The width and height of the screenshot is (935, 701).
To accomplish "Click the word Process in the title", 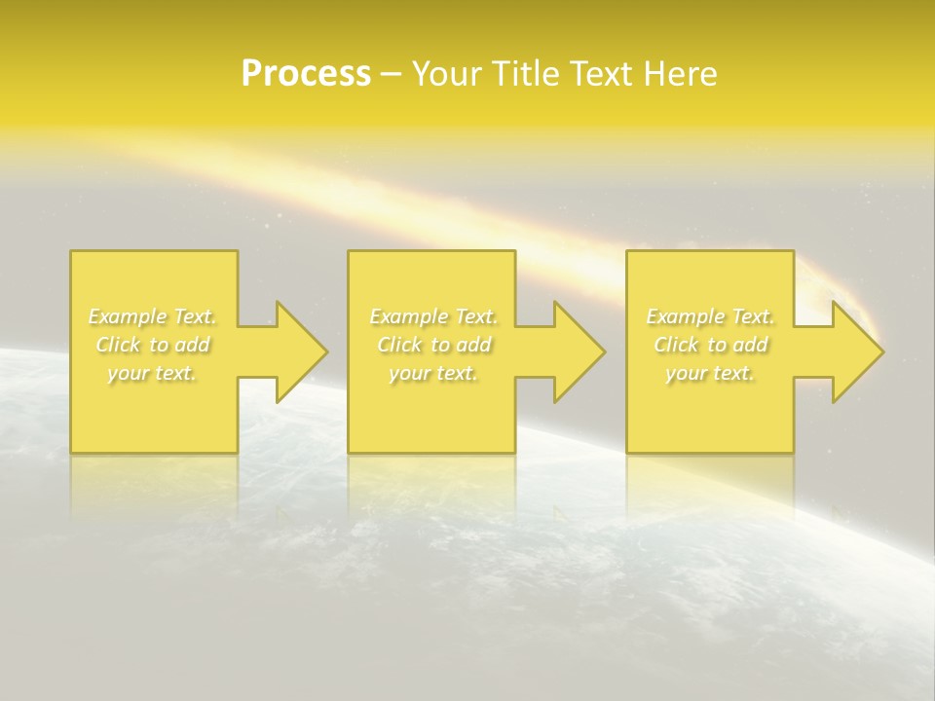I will coord(306,74).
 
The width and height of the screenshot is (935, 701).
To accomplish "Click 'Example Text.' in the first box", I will coord(153,316).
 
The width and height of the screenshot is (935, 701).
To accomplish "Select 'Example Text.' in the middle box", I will coord(433,316).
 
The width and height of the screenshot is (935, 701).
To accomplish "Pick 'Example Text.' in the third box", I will coord(710,316).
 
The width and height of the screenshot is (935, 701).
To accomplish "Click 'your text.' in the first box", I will coord(153,373).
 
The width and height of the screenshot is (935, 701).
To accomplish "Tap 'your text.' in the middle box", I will coord(433,373).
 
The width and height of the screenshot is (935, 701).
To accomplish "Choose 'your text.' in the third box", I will coord(710,373).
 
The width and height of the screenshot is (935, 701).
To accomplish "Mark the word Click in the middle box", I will coord(399,345).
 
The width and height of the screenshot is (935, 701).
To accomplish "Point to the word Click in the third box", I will coord(676,345).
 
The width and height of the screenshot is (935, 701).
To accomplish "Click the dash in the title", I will coord(392,74).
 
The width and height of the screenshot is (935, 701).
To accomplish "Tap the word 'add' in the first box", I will coord(194,345).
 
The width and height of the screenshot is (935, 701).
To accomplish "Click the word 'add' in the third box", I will coord(751,345).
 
